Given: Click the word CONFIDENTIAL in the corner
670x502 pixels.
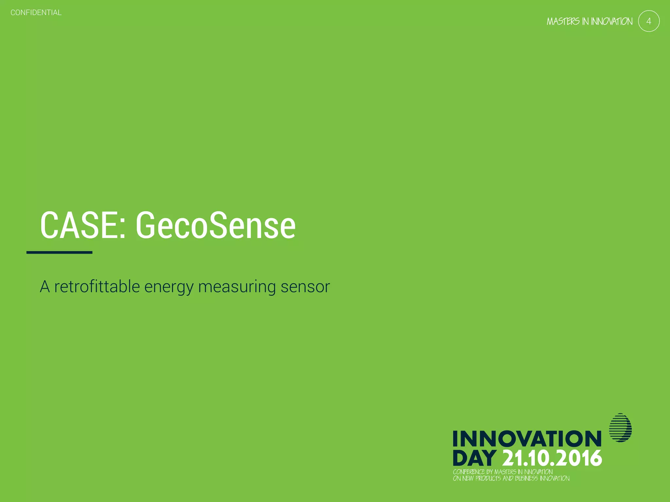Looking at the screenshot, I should [x=36, y=13].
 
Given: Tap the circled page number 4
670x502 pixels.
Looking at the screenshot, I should [x=648, y=21].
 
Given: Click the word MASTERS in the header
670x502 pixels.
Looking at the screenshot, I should [x=563, y=22].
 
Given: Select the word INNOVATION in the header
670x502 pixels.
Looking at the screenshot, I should [x=611, y=22].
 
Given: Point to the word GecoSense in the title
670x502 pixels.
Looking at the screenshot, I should [x=216, y=225].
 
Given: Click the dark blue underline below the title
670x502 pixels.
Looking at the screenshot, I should [x=59, y=252].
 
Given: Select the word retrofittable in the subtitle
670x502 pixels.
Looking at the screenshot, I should [x=97, y=287].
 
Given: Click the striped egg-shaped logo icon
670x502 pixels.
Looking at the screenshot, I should [x=620, y=427].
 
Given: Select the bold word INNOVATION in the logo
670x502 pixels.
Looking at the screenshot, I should [x=527, y=439].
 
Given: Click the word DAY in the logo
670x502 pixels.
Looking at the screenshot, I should [x=474, y=458].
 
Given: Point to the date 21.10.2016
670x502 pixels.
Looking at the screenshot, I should [x=552, y=458].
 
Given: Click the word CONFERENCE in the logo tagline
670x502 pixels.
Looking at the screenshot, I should [x=468, y=472].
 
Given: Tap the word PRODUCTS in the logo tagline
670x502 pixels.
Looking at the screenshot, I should [x=488, y=478].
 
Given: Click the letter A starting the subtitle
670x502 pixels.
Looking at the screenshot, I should [x=45, y=287].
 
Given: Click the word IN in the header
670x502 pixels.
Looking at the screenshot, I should [x=585, y=22].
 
